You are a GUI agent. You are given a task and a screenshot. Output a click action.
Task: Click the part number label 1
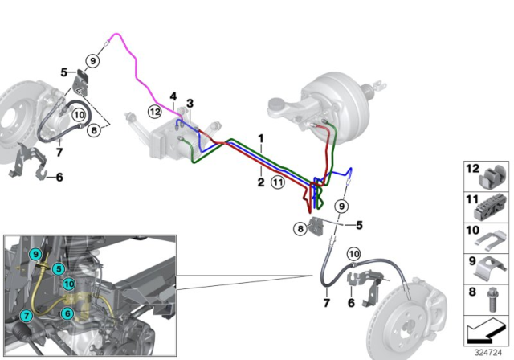(259, 138)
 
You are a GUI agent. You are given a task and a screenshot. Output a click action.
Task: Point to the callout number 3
(190, 103)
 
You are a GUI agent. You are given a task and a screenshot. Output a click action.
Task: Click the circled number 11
(278, 182)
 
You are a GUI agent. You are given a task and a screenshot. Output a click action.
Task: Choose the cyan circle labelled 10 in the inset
(69, 283)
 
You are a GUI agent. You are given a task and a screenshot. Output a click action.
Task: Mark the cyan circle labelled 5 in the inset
(59, 268)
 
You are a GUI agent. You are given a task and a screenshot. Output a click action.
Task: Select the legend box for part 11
(485, 206)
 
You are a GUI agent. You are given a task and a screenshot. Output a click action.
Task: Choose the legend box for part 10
(485, 235)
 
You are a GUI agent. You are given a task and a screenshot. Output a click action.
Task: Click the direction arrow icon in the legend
(485, 329)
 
